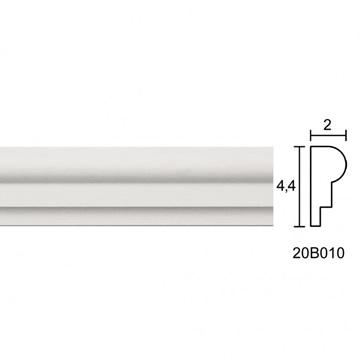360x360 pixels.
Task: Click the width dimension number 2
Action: (x=328, y=125)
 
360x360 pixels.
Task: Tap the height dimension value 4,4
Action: (x=286, y=187)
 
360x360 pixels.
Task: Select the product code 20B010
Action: (x=318, y=253)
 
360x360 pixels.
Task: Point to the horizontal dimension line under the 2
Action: (x=328, y=136)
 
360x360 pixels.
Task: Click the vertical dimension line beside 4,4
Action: (x=299, y=187)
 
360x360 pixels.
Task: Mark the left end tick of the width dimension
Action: (x=311, y=136)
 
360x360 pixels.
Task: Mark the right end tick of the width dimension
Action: (x=346, y=136)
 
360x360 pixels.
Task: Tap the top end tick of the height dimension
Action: (x=299, y=147)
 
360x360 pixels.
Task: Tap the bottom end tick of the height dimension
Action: (x=299, y=227)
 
